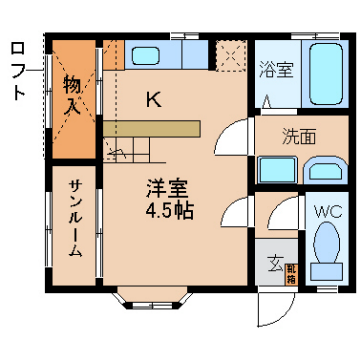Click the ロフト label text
[x=17, y=70]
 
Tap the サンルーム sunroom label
[x=75, y=220]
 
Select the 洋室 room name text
[x=167, y=187]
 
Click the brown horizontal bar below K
[x=151, y=128]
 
